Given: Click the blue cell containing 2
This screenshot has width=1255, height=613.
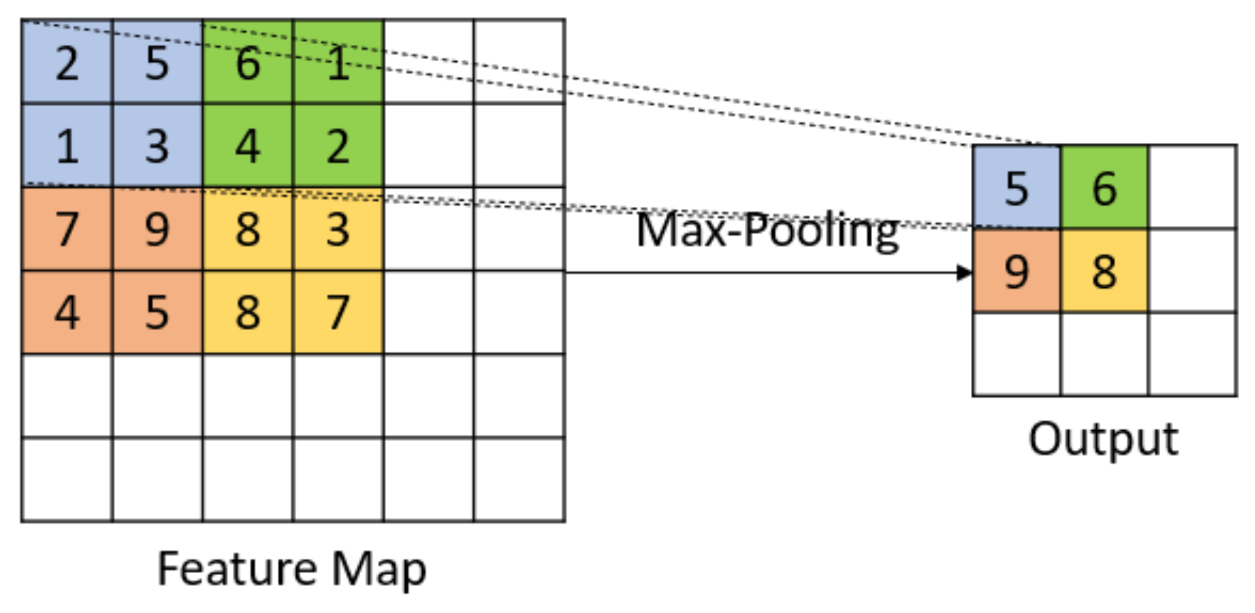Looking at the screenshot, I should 67,62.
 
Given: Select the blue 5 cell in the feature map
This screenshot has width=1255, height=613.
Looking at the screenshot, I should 157,62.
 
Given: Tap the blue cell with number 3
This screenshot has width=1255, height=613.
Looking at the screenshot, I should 157,146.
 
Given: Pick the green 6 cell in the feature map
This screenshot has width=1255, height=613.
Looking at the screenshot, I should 247,62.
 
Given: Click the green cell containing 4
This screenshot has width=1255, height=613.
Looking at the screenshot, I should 247,146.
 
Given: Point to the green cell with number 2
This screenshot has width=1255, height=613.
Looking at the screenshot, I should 338,146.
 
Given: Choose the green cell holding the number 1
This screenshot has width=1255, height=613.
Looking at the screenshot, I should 338,62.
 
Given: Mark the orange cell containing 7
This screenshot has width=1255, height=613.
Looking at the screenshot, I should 67,229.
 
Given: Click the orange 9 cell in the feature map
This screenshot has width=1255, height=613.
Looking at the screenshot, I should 157,229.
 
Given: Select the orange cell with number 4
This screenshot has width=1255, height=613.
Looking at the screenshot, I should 67,313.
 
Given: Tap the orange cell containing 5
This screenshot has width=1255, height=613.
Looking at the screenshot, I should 157,313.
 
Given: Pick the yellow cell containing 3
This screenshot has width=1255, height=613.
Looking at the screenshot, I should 338,229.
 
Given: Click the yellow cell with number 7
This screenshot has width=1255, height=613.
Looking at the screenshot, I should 338,313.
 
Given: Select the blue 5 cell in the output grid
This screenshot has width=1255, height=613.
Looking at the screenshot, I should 1016,187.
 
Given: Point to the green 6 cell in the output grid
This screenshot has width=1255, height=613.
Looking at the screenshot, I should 1104,187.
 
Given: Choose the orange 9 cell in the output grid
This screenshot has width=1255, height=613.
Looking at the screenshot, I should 1016,271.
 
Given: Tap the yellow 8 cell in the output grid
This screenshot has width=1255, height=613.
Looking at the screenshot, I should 1104,271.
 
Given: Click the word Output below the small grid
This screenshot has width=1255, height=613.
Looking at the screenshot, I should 1103,439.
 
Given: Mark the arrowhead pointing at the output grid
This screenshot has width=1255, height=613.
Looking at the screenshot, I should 964,272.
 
